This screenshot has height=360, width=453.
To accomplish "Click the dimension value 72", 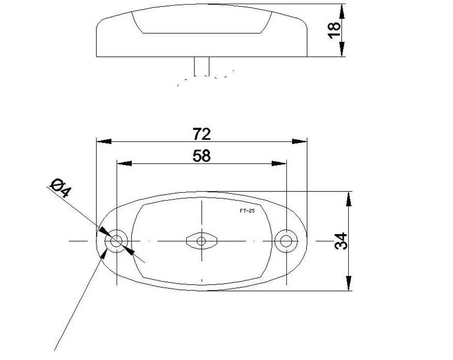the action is point(202,134).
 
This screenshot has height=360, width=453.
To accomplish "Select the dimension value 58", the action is point(202,156).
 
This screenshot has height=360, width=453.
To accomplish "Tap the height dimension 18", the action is point(334,30).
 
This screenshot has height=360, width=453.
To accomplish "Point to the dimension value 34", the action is point(341,241).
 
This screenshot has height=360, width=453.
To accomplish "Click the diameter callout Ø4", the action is point(61,188).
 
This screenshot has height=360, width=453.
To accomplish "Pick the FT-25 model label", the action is point(247,211).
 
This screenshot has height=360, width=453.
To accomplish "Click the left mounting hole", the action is point(117,241).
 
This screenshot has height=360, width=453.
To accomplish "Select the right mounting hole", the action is point(286,241).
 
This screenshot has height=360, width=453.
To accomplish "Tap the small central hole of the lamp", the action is point(201,241).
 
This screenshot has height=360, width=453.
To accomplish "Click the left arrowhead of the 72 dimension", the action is point(104,141).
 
